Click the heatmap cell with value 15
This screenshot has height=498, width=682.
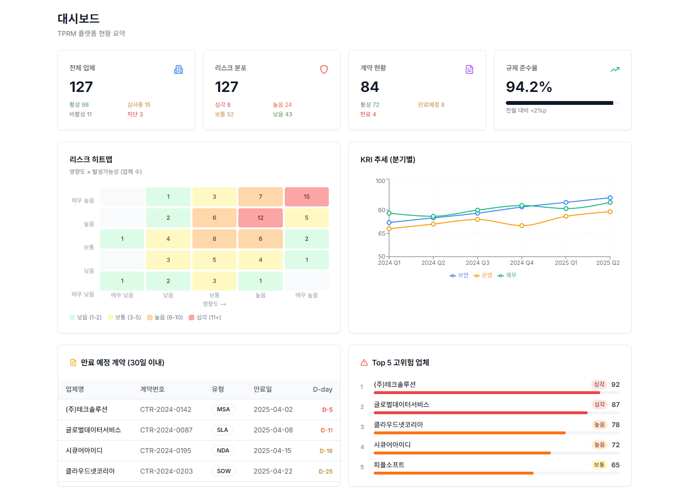click(306, 197)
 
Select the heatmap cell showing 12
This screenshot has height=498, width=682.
click(260, 218)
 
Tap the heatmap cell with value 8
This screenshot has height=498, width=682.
click(214, 239)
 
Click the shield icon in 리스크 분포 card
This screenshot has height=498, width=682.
click(324, 69)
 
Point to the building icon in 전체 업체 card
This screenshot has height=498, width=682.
click(179, 69)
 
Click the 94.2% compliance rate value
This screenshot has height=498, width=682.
click(529, 87)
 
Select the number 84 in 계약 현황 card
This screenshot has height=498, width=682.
click(369, 87)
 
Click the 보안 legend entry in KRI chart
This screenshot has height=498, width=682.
click(459, 275)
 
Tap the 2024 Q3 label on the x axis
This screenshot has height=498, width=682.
click(477, 263)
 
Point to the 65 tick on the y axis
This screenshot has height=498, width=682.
click(381, 234)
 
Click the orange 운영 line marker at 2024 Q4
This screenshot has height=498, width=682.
click(522, 226)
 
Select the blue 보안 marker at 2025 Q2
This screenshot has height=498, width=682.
click(610, 198)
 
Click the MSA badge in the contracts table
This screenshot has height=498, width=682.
click(223, 409)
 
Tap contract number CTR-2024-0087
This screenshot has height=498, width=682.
click(166, 430)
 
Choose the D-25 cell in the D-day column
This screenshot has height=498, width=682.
click(325, 472)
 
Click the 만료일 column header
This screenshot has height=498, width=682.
click(263, 389)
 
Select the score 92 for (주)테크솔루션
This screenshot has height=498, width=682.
click(615, 385)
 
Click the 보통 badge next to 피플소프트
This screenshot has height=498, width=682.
click(599, 465)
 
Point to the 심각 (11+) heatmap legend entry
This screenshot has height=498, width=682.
click(205, 317)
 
